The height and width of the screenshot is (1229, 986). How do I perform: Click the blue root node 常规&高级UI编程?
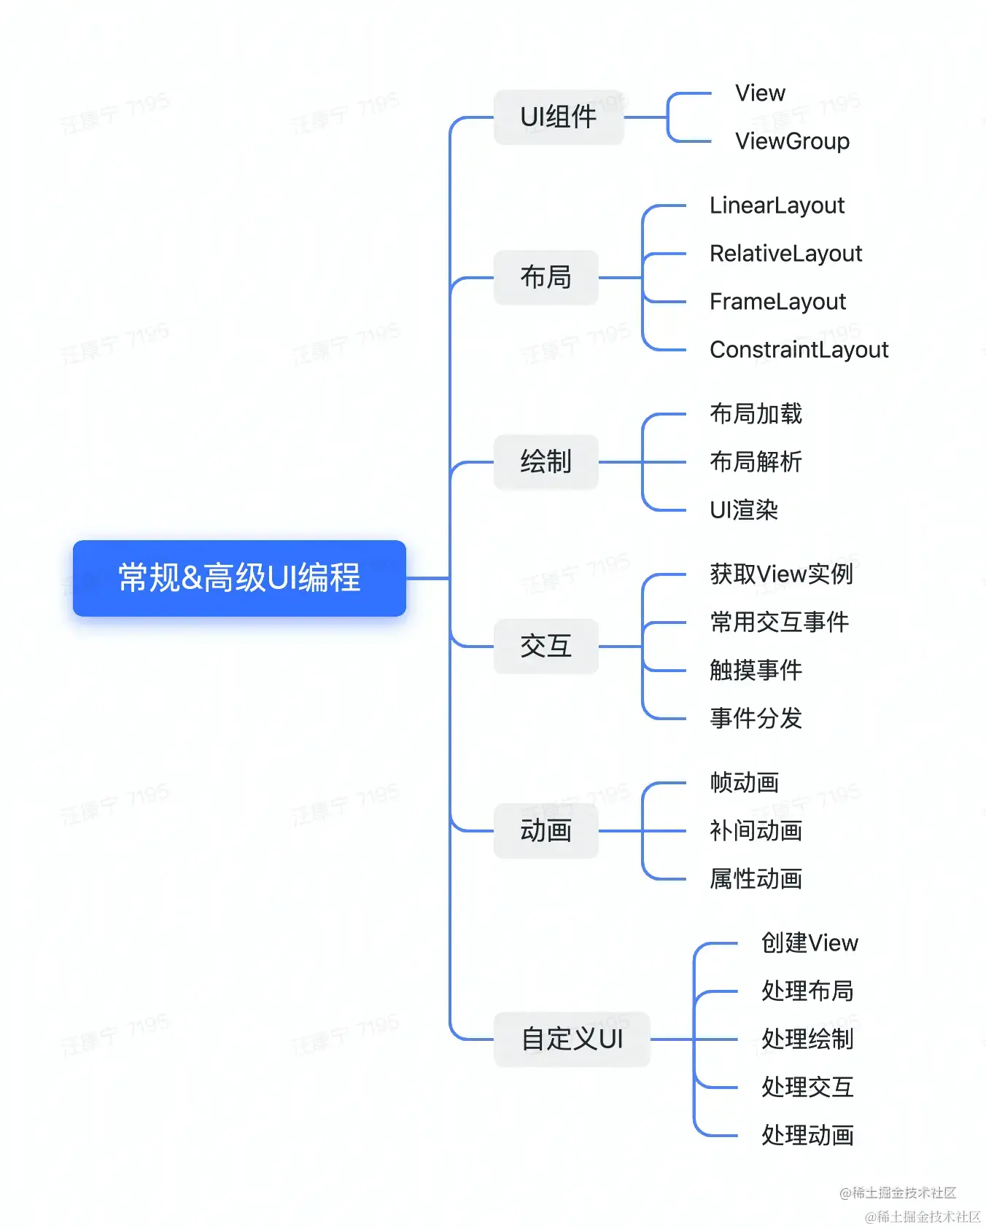[x=239, y=578]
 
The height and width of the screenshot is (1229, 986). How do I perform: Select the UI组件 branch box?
[x=559, y=117]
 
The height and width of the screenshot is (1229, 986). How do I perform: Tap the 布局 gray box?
[x=546, y=278]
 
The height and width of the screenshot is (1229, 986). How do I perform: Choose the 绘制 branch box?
[x=546, y=462]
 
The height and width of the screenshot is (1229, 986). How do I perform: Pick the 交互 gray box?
[x=546, y=647]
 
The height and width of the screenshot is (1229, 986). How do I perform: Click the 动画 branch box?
[x=546, y=831]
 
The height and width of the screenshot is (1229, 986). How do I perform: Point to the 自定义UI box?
[x=572, y=1039]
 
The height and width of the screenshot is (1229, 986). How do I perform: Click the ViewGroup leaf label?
[x=792, y=141]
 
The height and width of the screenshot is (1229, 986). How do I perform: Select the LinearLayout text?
[x=777, y=206]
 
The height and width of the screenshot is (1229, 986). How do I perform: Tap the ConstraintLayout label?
[x=799, y=350]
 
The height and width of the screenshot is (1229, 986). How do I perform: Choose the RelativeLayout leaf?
[x=785, y=254]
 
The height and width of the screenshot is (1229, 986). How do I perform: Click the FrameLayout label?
[x=777, y=302]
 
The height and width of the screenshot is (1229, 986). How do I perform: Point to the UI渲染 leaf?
[x=744, y=510]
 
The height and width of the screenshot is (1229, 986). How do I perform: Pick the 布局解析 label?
[x=756, y=462]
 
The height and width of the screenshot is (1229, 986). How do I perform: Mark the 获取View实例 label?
[x=781, y=574]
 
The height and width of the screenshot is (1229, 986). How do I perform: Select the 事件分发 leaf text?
[x=756, y=719]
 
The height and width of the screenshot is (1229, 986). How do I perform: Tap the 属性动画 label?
[x=756, y=879]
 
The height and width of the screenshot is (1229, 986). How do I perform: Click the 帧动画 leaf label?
[x=744, y=783]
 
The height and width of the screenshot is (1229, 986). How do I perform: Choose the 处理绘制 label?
[x=807, y=1039]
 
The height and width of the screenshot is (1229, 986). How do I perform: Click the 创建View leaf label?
[x=810, y=943]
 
